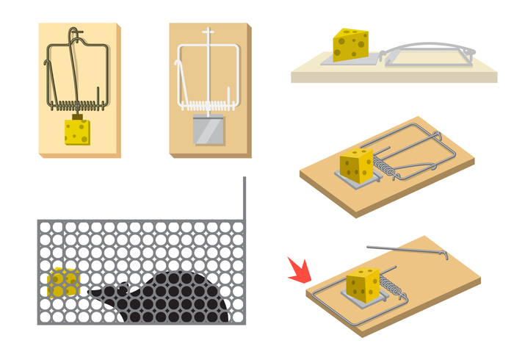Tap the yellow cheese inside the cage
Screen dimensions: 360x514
pos(62,282)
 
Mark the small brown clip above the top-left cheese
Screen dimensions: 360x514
pos(76,116)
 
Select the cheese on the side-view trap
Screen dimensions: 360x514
pos(350,45)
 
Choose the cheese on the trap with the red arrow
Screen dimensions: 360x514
pos(363,284)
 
